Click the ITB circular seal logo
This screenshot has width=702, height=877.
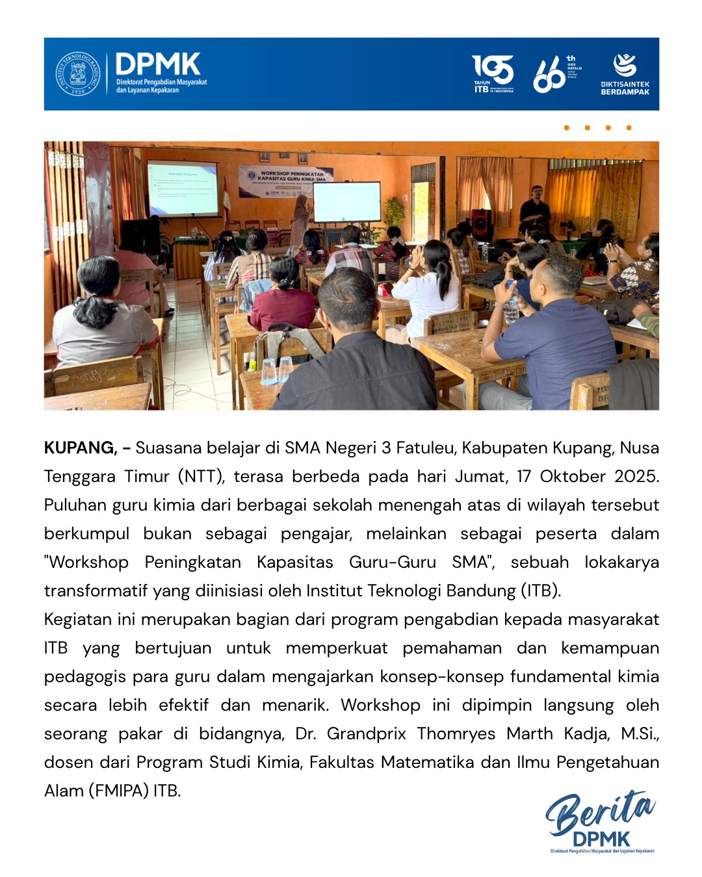[77, 73]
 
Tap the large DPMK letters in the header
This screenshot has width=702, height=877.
[158, 65]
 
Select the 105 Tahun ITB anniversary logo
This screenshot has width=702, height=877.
[492, 73]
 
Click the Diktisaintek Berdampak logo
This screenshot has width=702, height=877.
[625, 74]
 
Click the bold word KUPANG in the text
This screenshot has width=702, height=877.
[79, 448]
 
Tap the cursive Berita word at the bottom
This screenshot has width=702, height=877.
[599, 811]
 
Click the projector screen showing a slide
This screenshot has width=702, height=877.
[183, 188]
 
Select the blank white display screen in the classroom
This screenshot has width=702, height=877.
[346, 201]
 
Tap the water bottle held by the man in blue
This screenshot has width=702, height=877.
[512, 305]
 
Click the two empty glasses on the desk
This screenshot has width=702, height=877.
[277, 370]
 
